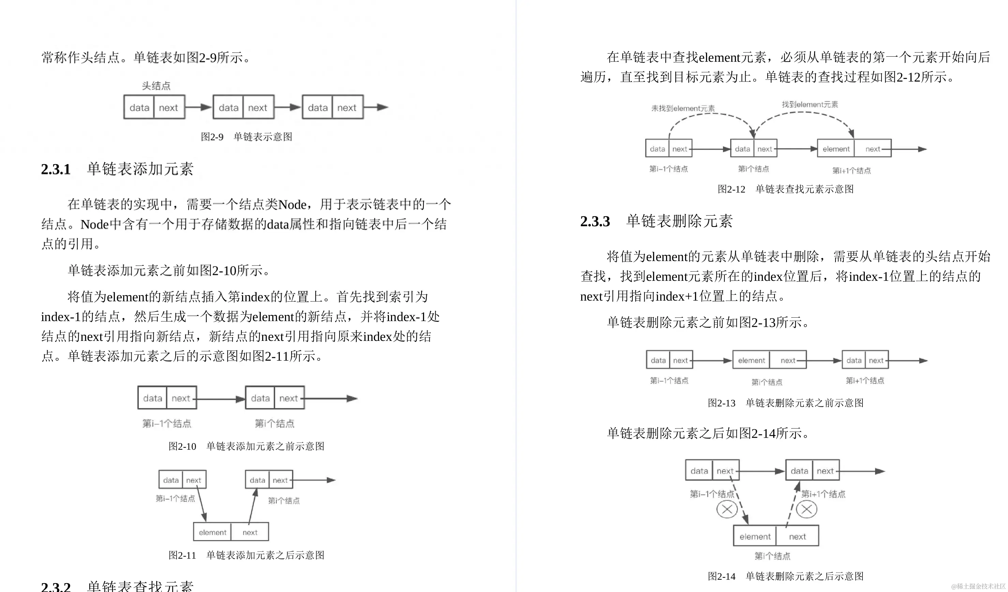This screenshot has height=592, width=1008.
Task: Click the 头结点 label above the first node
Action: (x=156, y=86)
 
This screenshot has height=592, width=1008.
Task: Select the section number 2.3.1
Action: (x=56, y=169)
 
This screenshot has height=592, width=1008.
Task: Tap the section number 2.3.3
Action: (x=595, y=221)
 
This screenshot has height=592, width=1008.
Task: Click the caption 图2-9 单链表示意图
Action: (x=246, y=137)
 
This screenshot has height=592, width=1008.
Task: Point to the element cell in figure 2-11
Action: (x=212, y=532)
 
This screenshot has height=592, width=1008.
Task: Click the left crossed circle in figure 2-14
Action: (x=727, y=509)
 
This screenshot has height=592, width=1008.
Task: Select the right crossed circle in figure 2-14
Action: (x=807, y=509)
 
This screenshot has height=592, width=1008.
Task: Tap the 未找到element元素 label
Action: (x=683, y=109)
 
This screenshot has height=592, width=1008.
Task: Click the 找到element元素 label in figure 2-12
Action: (x=810, y=104)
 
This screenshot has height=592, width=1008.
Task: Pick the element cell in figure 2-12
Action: (x=836, y=149)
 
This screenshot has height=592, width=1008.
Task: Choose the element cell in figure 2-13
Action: (x=751, y=360)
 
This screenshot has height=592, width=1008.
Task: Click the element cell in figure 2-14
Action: (x=755, y=536)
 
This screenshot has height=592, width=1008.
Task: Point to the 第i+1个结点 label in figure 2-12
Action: (x=852, y=171)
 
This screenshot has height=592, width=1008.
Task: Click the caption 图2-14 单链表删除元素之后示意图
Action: (x=785, y=576)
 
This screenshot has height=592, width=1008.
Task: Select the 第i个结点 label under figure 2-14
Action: (x=772, y=556)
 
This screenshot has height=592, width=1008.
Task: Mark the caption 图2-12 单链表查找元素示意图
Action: (x=785, y=189)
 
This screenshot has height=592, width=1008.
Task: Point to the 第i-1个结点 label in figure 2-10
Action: (x=167, y=423)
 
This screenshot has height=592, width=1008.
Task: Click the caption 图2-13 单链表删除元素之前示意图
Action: (x=785, y=403)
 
